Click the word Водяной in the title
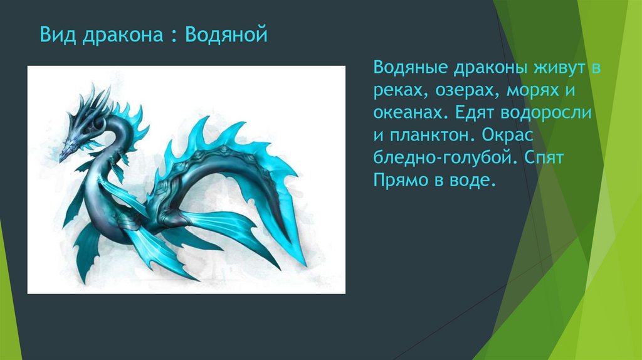(226, 34)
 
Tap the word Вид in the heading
(54, 34)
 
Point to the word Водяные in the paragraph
(410, 68)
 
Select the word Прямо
(399, 182)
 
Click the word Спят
(547, 159)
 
